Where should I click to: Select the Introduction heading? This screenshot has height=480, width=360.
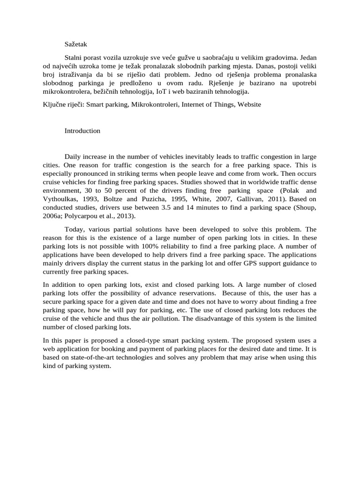(x=82, y=131)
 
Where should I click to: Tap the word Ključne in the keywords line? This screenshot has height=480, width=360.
(x=53, y=105)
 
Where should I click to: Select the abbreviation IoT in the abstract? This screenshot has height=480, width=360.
(x=179, y=91)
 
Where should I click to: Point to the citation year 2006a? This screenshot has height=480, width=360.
(x=52, y=216)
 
